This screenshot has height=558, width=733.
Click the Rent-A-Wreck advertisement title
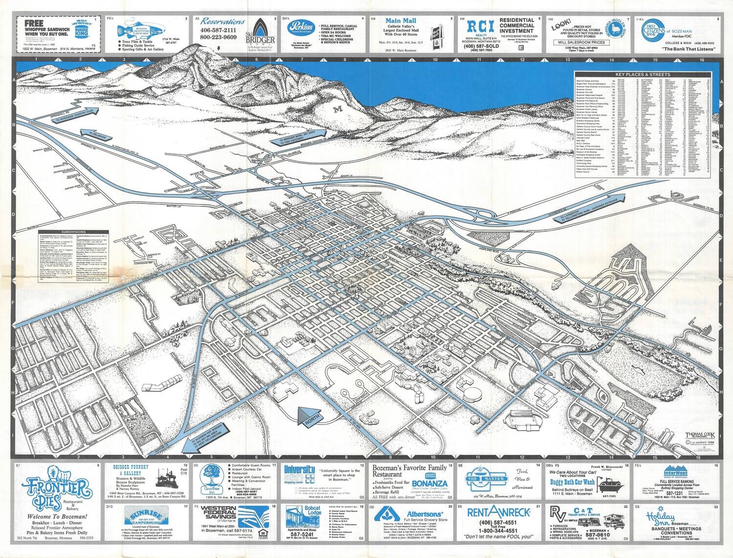click(499, 512)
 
